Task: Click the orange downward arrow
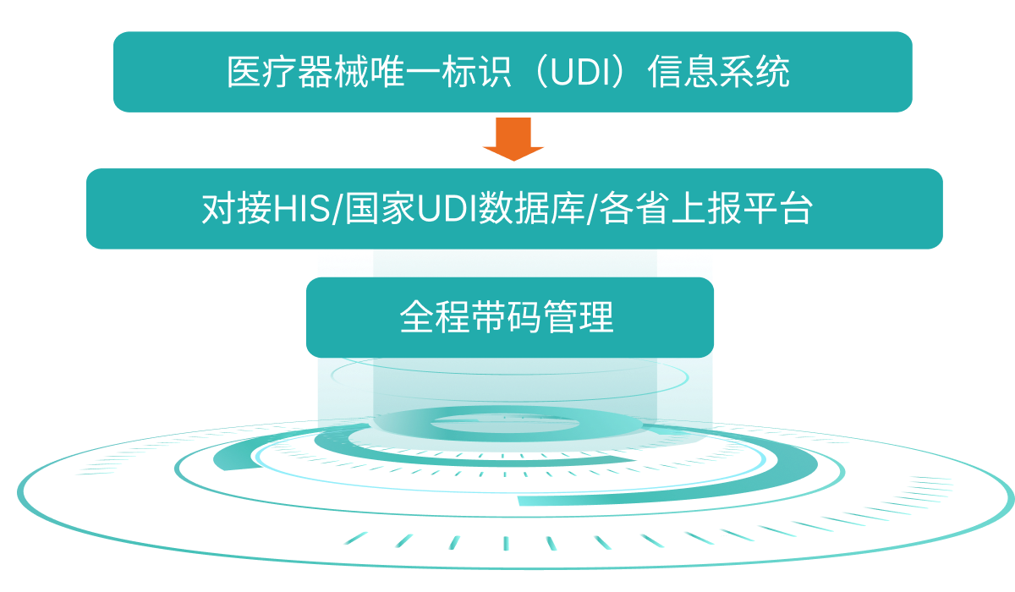click(x=513, y=139)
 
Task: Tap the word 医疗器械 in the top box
click(x=280, y=73)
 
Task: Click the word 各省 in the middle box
click(x=628, y=210)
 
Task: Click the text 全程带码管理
click(x=507, y=318)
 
